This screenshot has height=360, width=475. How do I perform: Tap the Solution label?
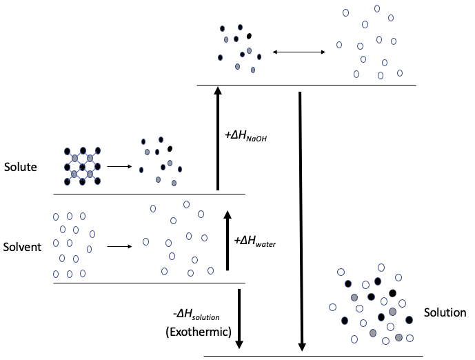pyautogui.click(x=445, y=312)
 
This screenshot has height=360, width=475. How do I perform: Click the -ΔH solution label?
pyautogui.click(x=196, y=316)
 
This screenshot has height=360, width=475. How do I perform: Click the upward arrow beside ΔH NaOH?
pyautogui.click(x=218, y=138)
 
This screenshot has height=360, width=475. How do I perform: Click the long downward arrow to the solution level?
pyautogui.click(x=301, y=221)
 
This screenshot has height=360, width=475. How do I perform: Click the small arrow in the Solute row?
pyautogui.click(x=119, y=166)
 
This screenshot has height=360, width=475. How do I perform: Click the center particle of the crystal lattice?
pyautogui.click(x=82, y=166)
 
